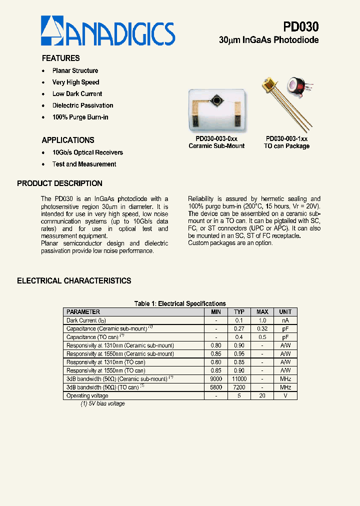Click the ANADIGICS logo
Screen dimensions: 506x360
(x=107, y=31)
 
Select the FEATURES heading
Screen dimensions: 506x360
(x=60, y=58)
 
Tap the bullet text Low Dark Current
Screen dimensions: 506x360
(x=77, y=94)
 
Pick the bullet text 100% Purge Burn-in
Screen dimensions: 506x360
(x=80, y=117)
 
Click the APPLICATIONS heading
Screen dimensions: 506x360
(x=68, y=140)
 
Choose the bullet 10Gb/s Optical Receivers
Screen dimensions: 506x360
(x=87, y=152)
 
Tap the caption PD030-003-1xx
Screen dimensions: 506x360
(x=286, y=138)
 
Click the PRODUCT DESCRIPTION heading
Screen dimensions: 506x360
(x=59, y=183)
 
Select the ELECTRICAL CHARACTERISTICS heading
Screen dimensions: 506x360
(x=74, y=281)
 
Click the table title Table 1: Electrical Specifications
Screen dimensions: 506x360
(x=180, y=303)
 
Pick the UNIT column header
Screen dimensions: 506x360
(x=285, y=312)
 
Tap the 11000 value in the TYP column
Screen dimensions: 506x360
(x=239, y=379)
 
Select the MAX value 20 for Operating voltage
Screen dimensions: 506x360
(x=262, y=395)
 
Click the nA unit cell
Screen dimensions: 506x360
(x=285, y=320)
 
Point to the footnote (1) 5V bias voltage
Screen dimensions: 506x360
(x=102, y=403)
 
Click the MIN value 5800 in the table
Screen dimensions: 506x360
(x=215, y=387)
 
